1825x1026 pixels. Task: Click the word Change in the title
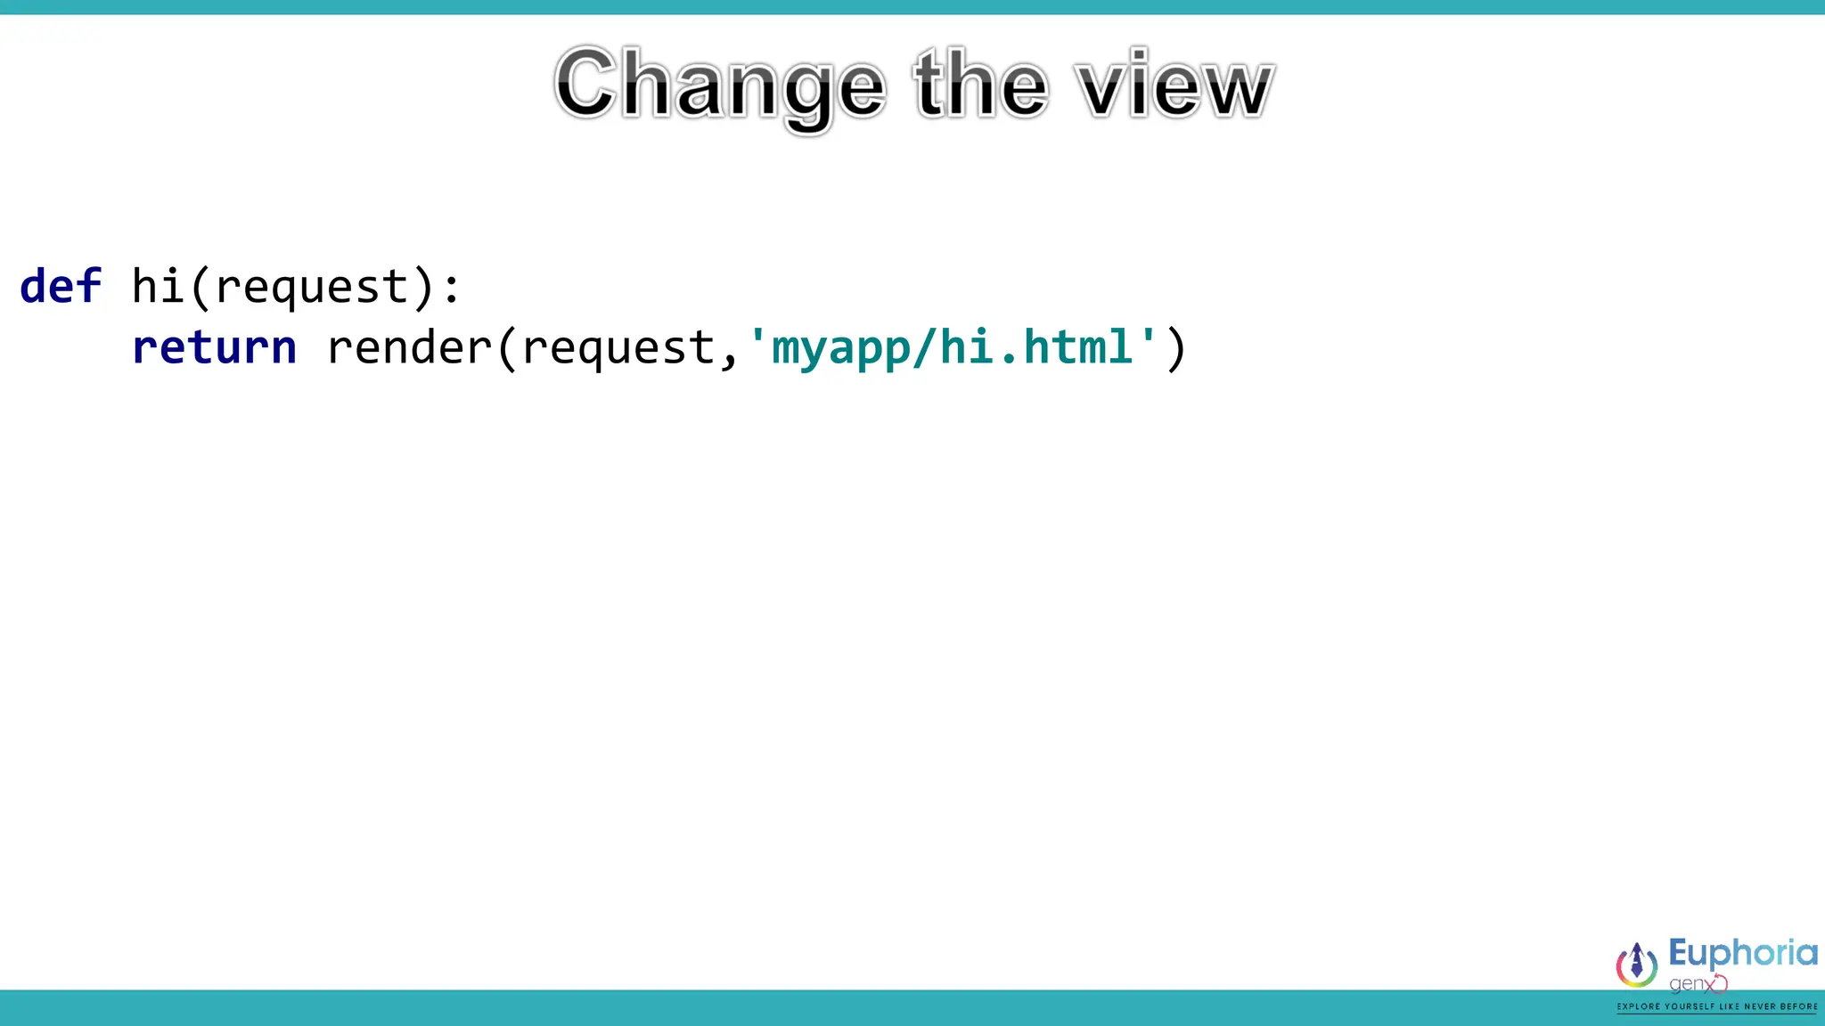720,85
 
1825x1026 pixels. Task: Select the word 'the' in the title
980,85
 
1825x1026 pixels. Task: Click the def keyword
61,287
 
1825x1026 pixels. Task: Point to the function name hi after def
158,287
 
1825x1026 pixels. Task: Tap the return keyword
214,347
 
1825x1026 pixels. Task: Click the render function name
409,347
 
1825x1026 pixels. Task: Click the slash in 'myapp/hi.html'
924,347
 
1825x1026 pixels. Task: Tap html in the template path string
1077,346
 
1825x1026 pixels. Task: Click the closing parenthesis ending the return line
1176,348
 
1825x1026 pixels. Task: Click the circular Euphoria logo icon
1637,965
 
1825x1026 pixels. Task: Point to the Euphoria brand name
1742,954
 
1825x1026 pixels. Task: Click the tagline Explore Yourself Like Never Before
1717,1006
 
